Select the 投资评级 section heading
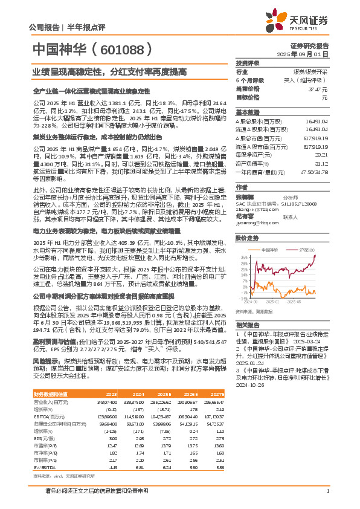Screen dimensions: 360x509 click(x=247, y=63)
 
